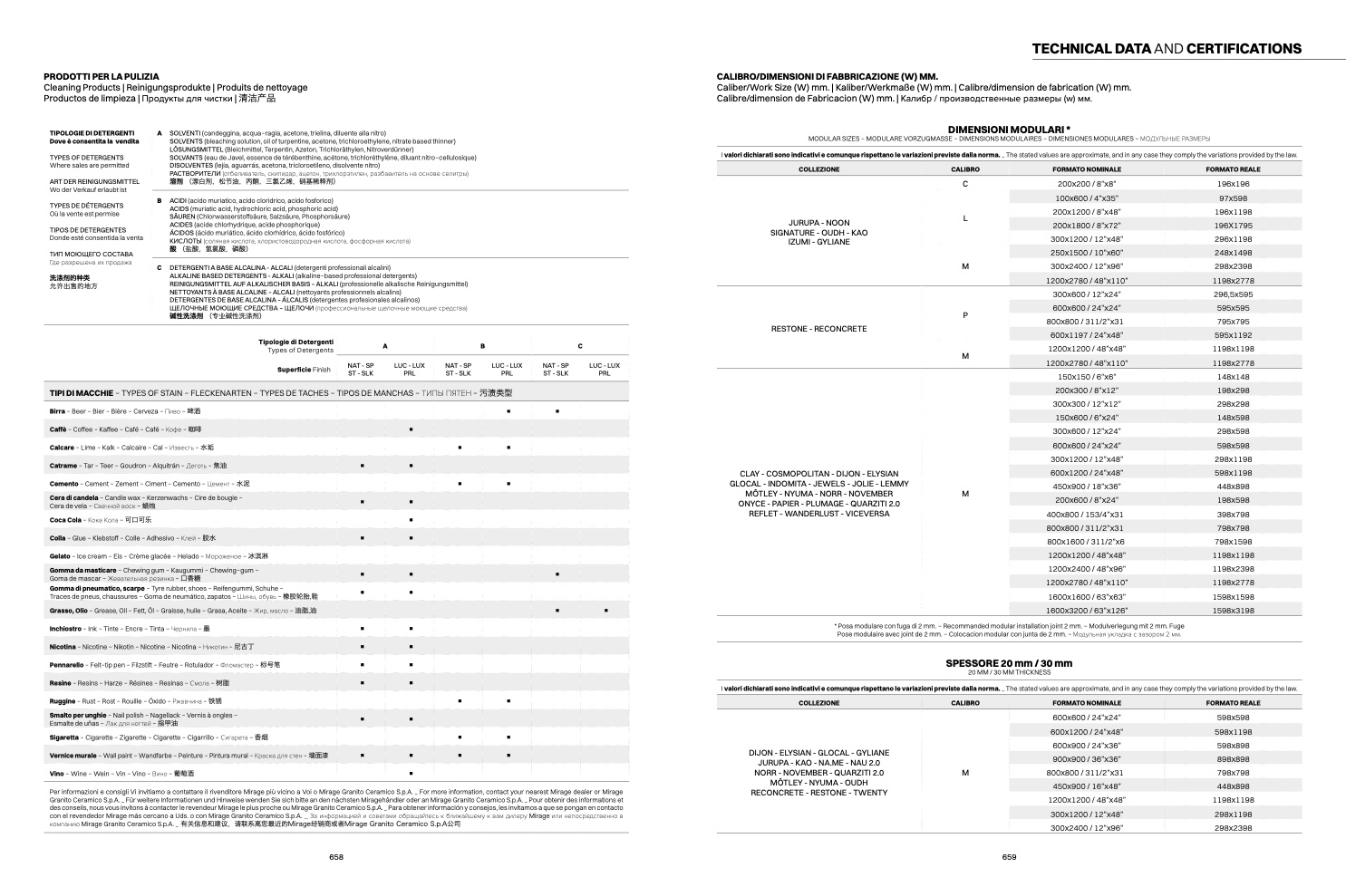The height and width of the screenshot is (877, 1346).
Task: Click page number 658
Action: [336, 857]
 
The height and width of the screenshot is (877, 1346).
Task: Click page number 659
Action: [1009, 857]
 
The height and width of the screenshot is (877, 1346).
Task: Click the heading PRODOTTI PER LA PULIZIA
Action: [102, 77]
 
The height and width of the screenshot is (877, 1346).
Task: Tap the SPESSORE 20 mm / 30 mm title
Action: [1009, 663]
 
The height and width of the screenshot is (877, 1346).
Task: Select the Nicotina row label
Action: [63, 647]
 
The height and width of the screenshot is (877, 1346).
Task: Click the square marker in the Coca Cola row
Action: [411, 520]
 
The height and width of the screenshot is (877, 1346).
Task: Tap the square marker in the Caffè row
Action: [411, 429]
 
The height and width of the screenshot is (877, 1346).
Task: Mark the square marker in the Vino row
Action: [411, 774]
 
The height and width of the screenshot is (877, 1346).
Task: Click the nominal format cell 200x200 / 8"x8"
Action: [1086, 184]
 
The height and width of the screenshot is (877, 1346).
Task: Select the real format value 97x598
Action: [1233, 198]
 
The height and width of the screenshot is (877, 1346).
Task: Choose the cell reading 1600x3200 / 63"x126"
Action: [1086, 611]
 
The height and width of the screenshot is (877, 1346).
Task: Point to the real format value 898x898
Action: [1233, 759]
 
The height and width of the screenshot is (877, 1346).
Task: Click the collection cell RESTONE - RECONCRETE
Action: [818, 329]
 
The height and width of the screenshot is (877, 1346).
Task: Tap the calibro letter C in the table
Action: [965, 184]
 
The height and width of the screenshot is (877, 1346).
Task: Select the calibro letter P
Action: [965, 315]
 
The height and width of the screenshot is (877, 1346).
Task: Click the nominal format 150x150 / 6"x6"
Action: [1086, 377]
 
